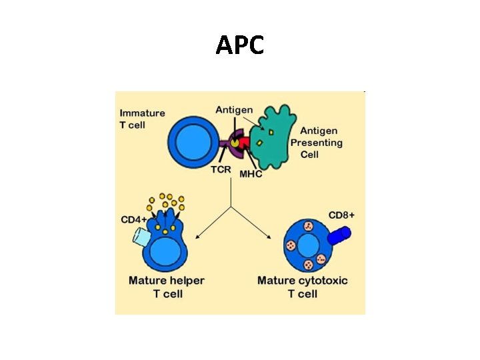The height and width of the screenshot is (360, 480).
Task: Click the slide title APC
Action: coord(240,45)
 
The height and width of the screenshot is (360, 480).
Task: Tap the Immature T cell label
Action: coord(142,119)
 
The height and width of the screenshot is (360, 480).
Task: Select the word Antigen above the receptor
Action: coord(234,109)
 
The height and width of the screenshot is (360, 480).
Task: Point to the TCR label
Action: coord(221,169)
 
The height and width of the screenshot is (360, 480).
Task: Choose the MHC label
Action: coord(251,175)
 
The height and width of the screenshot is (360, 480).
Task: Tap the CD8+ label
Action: coord(342,215)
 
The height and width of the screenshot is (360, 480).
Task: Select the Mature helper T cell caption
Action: coord(167,287)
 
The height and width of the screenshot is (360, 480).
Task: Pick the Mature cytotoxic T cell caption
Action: coord(302,287)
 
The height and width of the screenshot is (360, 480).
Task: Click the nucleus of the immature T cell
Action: coord(193,141)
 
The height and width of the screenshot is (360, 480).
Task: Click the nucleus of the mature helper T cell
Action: coord(167,253)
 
